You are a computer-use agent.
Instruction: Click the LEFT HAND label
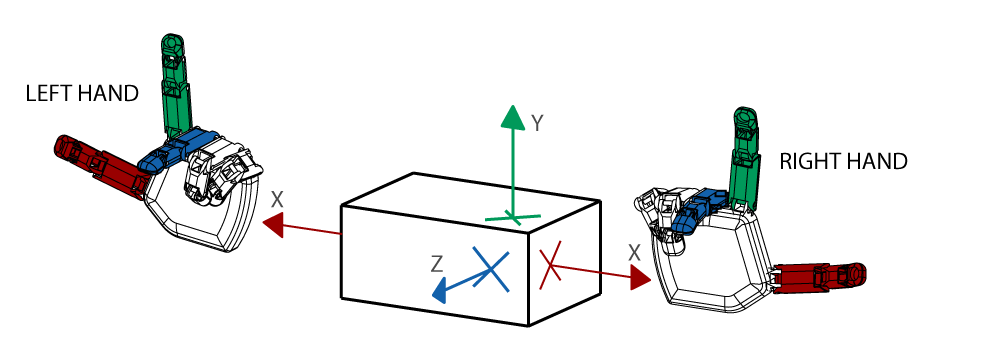82,94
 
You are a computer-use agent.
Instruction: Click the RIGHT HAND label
843,161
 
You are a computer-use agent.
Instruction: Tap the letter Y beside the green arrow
538,123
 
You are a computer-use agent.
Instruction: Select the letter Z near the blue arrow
436,264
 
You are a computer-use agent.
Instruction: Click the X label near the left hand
277,200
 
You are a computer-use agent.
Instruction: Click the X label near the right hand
634,253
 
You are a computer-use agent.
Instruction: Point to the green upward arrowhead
512,117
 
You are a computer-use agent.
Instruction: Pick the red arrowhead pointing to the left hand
274,225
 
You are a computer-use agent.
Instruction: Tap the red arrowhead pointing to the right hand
640,278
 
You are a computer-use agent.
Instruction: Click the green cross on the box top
513,218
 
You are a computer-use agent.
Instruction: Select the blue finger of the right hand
698,207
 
